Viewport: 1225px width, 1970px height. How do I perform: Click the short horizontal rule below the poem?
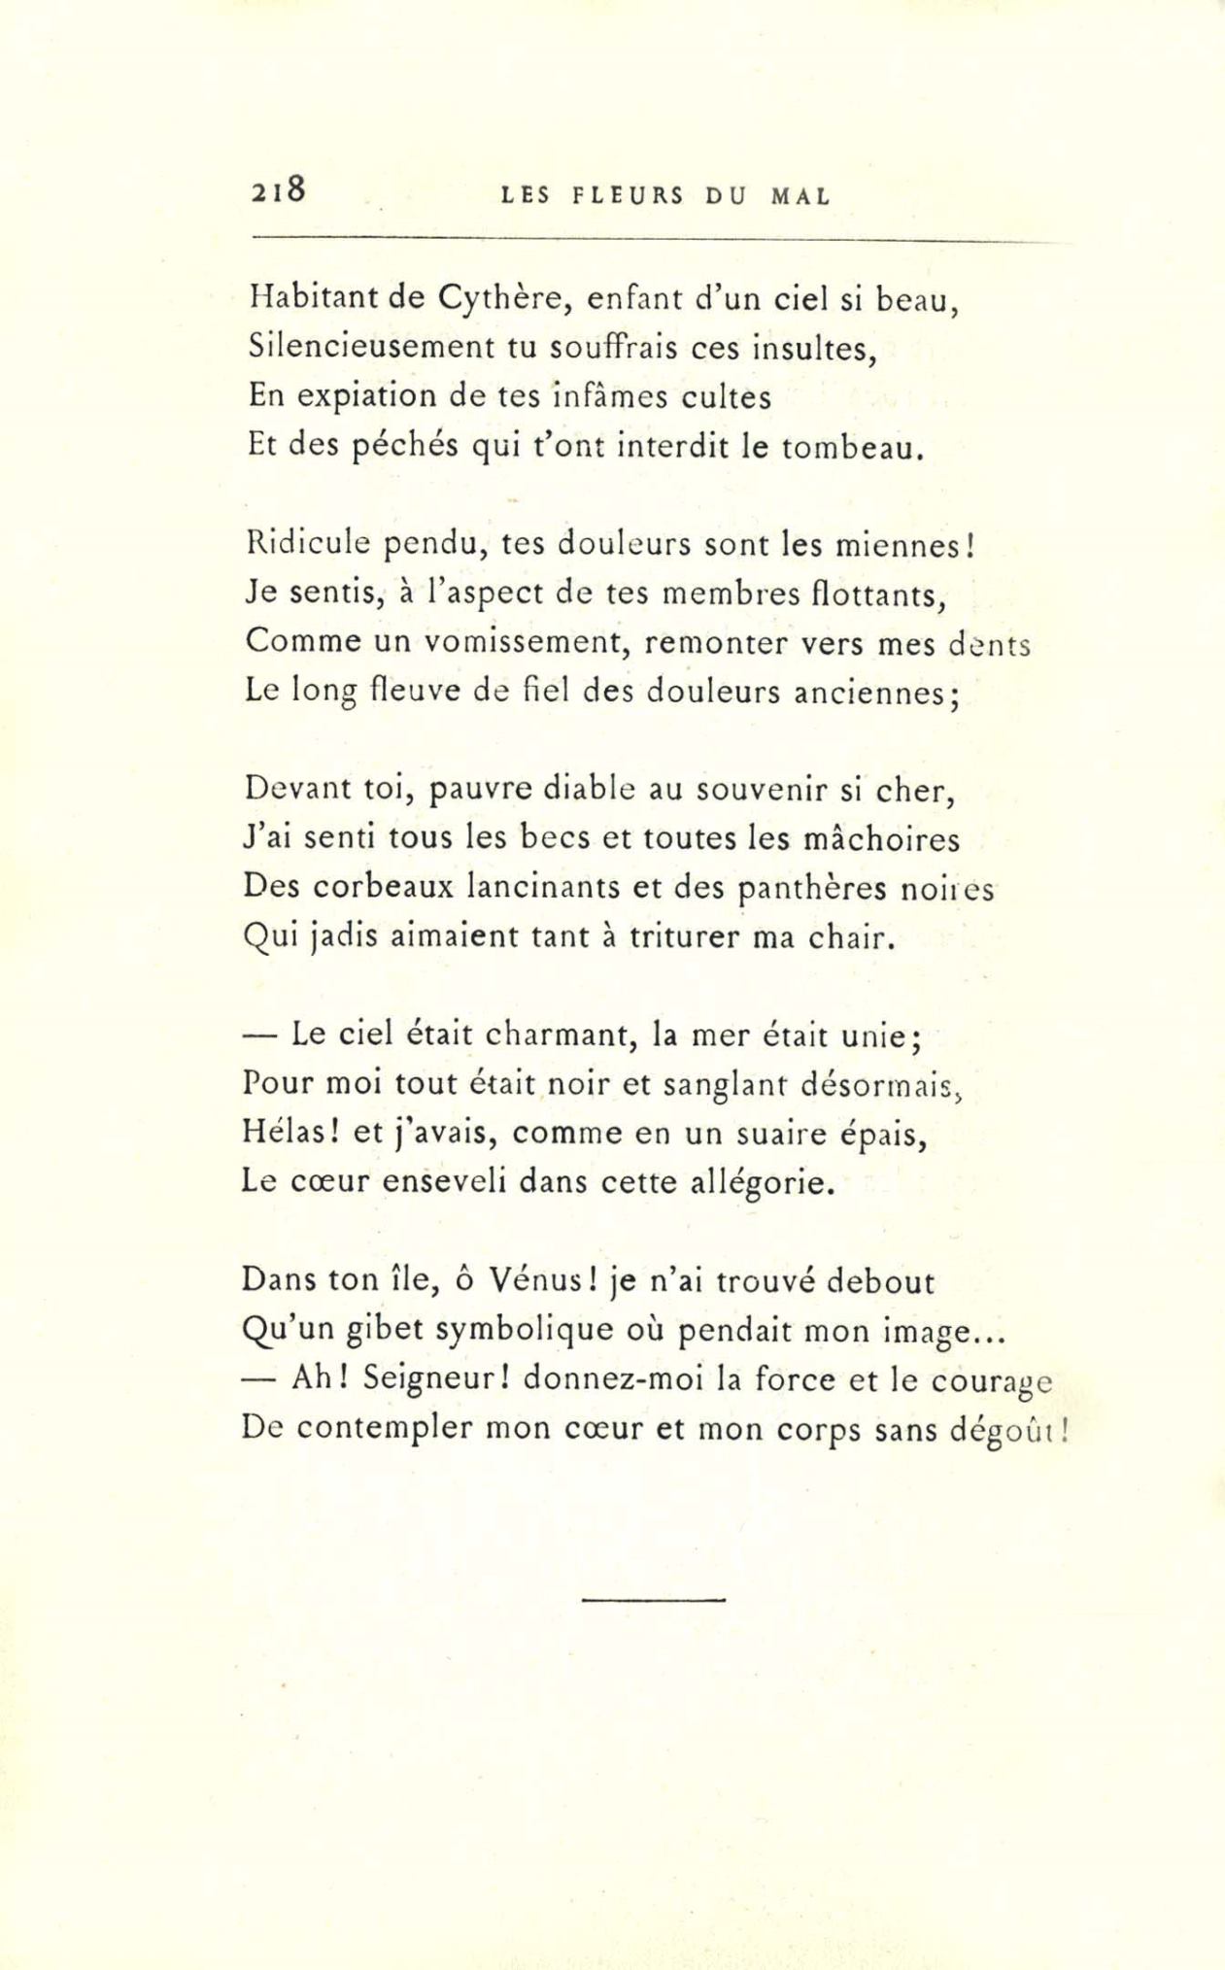coord(654,1599)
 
